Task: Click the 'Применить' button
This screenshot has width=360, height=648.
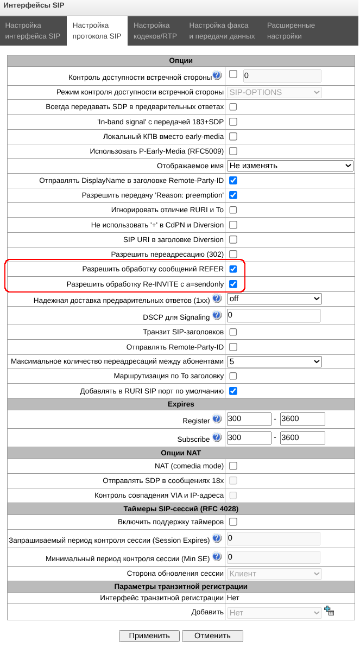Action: coord(149,636)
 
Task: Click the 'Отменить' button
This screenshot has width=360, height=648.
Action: coord(212,636)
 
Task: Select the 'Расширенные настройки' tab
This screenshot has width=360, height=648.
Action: coord(291,31)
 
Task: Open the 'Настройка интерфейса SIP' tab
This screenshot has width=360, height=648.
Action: coord(33,31)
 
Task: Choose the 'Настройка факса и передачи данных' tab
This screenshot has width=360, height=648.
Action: coord(222,31)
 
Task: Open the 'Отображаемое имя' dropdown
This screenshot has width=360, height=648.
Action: coord(290,166)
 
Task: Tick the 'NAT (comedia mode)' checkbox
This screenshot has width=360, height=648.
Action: coord(233,466)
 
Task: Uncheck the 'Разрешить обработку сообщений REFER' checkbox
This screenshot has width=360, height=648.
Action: coord(233,269)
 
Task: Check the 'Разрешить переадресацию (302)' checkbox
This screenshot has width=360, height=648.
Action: coord(233,254)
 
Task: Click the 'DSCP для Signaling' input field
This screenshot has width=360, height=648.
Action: coord(274,315)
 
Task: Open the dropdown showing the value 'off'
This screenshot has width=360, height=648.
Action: coord(274,298)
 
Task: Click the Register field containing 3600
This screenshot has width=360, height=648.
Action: coord(302,420)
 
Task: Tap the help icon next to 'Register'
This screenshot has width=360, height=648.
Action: coord(217,419)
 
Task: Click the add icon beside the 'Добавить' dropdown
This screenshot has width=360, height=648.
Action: coord(329,611)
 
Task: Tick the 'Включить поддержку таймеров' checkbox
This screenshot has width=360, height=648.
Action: coord(233,522)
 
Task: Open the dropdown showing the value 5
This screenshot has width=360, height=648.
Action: coord(274,361)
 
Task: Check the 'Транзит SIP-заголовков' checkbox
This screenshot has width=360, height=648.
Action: coord(233,332)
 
